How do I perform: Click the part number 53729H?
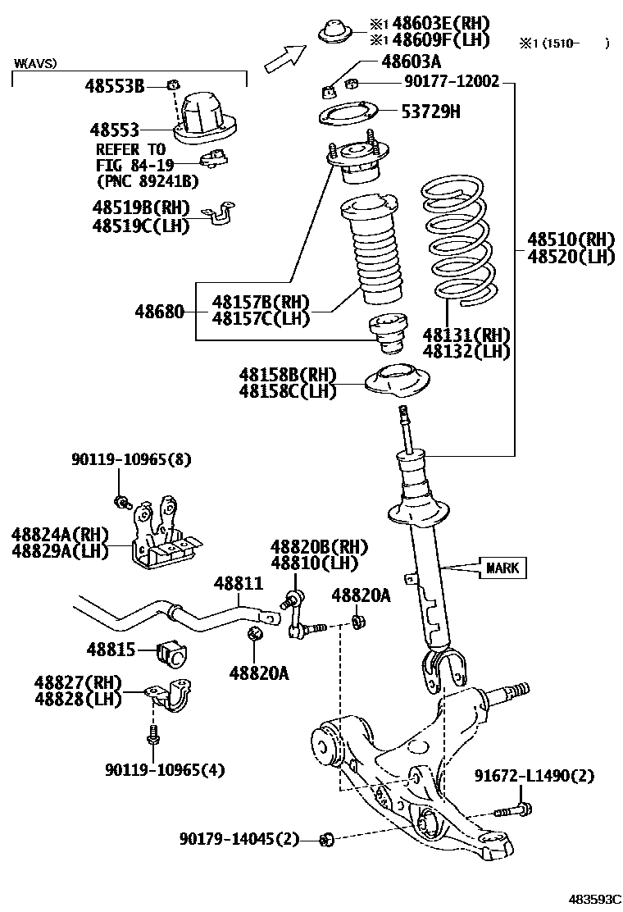point(430,112)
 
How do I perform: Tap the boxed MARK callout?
point(502,568)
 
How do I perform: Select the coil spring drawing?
point(459,241)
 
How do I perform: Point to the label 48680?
point(159,312)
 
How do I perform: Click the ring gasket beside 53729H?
point(348,113)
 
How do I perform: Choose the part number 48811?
point(239,583)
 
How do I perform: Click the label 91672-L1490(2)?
point(534,776)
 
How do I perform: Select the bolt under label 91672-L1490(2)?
point(513,809)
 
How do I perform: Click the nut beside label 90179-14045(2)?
point(326,839)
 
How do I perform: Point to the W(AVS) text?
point(35,63)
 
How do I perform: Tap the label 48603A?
point(411,61)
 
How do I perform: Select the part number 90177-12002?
point(452,81)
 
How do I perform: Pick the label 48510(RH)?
point(571,239)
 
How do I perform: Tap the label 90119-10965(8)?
point(131,459)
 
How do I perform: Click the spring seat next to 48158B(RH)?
point(397,381)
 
